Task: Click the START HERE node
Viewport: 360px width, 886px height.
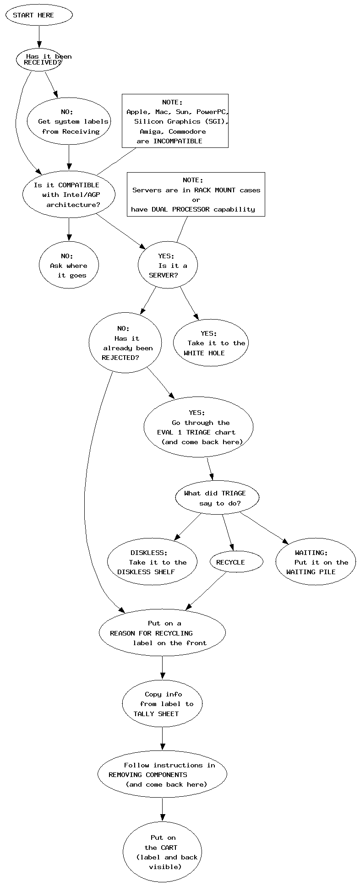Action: [x=39, y=15]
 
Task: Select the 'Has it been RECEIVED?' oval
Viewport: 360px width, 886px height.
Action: [x=39, y=60]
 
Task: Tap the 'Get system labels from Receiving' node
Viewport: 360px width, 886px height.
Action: [x=69, y=121]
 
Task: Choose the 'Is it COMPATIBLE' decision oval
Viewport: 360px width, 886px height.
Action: [x=69, y=195]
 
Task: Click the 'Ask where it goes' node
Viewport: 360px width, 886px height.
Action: [x=69, y=266]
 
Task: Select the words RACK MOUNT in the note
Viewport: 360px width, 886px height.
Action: [x=215, y=190]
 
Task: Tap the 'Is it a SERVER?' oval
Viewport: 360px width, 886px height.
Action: [x=168, y=266]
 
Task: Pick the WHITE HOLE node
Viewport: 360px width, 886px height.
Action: [x=211, y=343]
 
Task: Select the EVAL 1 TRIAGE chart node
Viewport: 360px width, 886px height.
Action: [x=198, y=427]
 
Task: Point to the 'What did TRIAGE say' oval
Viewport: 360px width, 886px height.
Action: [x=217, y=498]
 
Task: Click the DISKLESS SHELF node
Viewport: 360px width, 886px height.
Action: [x=152, y=562]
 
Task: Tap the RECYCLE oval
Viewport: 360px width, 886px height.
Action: [x=236, y=562]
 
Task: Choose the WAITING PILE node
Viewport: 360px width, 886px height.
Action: [x=316, y=562]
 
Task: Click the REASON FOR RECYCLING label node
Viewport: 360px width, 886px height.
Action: [x=162, y=633]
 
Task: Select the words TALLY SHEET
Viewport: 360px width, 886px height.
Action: [x=156, y=714]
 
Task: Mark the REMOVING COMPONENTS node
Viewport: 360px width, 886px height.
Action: [x=162, y=774]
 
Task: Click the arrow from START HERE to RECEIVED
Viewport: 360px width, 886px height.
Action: [x=39, y=37]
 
